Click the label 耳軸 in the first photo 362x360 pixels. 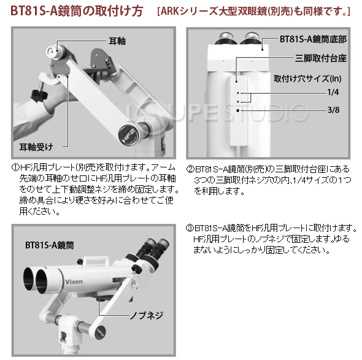117,41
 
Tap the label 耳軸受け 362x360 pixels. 36,147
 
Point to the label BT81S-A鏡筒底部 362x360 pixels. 313,39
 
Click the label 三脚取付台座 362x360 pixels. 321,58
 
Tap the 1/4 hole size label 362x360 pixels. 333,93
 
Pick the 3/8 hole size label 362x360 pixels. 333,110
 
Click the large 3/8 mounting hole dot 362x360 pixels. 238,110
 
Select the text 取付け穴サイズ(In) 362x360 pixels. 307,79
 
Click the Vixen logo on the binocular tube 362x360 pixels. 74,281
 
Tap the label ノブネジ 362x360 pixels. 147,315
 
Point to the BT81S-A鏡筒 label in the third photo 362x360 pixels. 50,245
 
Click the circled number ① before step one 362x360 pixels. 15,167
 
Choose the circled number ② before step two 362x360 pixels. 190,169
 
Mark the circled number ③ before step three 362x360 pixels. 190,228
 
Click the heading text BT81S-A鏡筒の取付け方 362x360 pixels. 77,11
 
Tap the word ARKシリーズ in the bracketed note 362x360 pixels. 190,11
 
